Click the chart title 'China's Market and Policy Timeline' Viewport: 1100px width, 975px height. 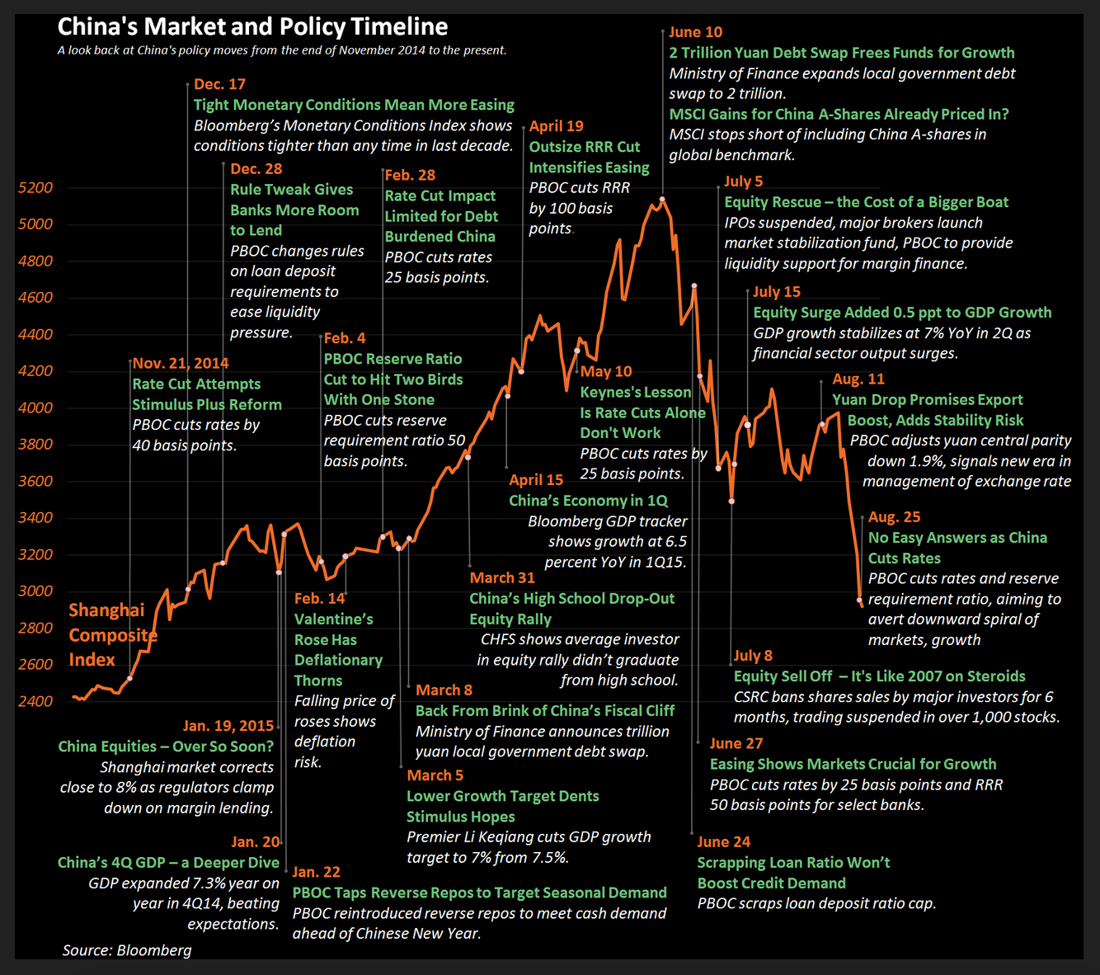coord(252,27)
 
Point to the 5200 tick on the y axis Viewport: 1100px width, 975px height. coord(35,188)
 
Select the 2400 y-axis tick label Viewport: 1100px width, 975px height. coord(35,701)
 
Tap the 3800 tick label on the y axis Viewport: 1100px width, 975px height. coord(35,445)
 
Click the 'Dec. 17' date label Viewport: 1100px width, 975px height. coord(219,84)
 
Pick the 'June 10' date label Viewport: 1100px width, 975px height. coord(695,32)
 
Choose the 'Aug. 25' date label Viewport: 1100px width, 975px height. coord(894,517)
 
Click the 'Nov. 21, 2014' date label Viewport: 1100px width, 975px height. coord(181,364)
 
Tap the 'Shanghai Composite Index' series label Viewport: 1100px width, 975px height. coord(112,634)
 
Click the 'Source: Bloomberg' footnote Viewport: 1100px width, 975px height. coord(127,950)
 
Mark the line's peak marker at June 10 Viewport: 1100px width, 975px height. coord(662,199)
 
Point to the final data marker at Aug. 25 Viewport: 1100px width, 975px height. coord(860,601)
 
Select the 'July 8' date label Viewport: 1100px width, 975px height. coord(753,656)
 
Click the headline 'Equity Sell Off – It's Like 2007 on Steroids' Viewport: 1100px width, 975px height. coord(879,676)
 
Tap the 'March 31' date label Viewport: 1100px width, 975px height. coord(502,578)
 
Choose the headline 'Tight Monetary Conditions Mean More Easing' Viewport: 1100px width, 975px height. coord(354,105)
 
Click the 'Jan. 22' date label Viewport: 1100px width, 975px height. coord(316,872)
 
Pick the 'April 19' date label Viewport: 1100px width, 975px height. coord(556,126)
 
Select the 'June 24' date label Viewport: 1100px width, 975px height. coord(723,842)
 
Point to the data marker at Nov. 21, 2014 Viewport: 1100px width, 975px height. coord(130,678)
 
